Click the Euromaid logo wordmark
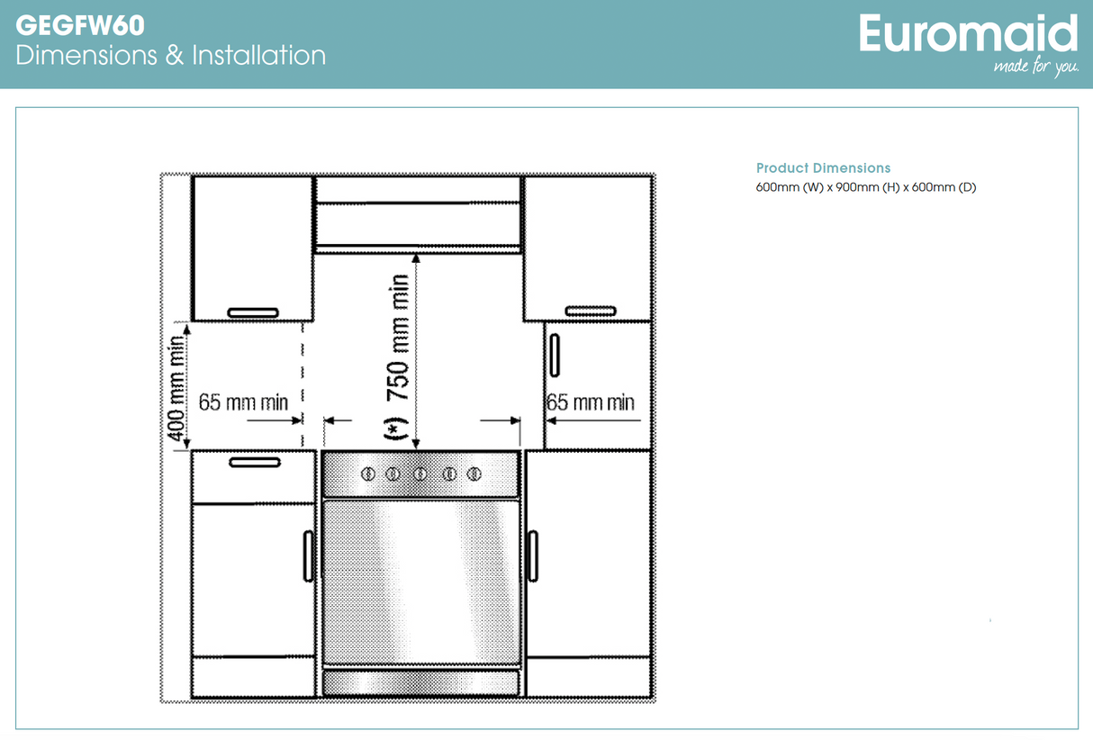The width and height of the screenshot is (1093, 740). tap(968, 34)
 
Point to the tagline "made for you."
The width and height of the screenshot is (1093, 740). tap(1035, 67)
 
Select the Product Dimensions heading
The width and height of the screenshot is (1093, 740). tap(823, 168)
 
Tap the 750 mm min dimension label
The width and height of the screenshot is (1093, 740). tap(399, 337)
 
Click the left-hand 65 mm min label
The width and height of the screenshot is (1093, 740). tap(243, 402)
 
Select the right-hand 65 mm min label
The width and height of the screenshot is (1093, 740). tap(591, 402)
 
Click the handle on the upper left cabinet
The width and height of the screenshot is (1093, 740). tap(253, 312)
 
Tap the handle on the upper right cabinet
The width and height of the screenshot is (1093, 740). tap(591, 311)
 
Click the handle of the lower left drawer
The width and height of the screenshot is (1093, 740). tap(255, 463)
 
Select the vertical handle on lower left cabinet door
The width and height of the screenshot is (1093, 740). tap(309, 555)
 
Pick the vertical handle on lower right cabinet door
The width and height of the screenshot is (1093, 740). tap(533, 555)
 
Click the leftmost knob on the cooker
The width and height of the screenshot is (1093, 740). tap(367, 474)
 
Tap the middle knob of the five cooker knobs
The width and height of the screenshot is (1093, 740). tap(420, 474)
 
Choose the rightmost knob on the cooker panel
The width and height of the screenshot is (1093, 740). tap(474, 474)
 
